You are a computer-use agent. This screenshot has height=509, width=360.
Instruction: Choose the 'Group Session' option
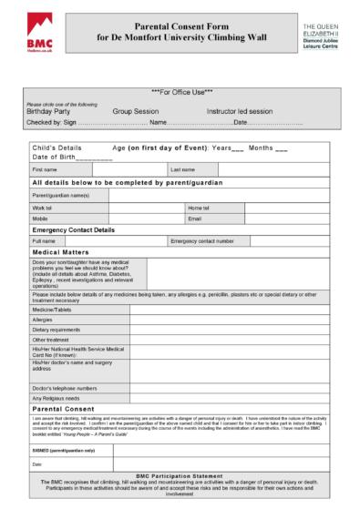(135, 110)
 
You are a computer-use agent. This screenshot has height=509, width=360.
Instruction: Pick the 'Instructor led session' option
(239, 110)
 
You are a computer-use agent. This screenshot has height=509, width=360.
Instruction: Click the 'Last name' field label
(182, 169)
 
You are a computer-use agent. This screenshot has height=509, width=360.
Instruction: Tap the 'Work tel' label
(42, 208)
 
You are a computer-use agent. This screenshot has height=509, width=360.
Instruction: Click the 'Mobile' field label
(40, 219)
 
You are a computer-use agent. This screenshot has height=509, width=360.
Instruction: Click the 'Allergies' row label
(42, 320)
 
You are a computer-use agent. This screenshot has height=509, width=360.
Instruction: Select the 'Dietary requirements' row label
(57, 330)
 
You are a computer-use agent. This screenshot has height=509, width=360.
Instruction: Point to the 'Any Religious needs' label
(55, 398)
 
